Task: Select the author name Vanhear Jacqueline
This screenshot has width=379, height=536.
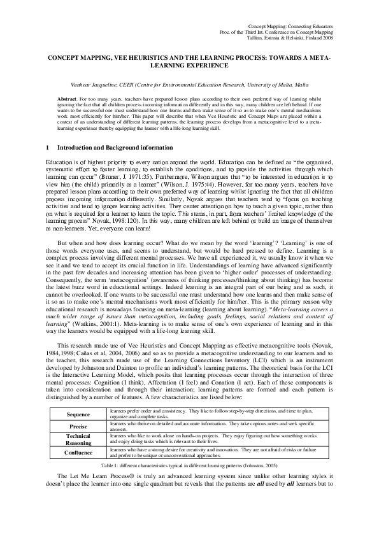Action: click(116, 84)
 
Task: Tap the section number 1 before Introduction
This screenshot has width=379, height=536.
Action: click(48, 148)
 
